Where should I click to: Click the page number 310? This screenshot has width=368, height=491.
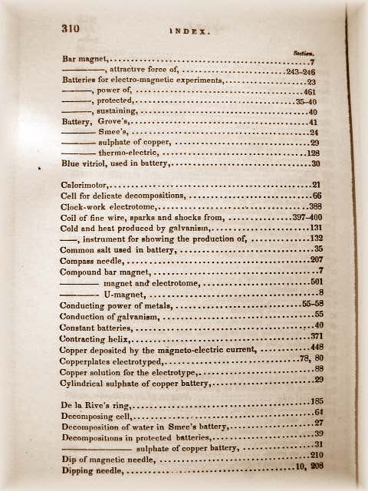pyautogui.click(x=72, y=28)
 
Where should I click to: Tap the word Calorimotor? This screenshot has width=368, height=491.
pyautogui.click(x=85, y=185)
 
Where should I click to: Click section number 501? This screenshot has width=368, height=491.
pyautogui.click(x=314, y=282)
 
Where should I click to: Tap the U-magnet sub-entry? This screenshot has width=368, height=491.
pyautogui.click(x=125, y=294)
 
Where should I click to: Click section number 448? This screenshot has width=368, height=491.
pyautogui.click(x=314, y=347)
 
